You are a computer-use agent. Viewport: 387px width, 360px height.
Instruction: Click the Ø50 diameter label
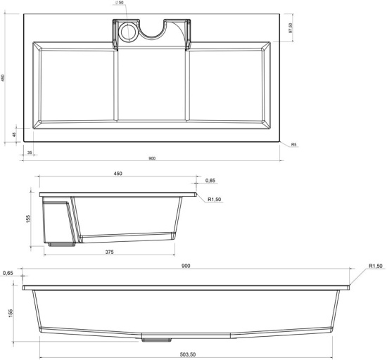tap(119, 3)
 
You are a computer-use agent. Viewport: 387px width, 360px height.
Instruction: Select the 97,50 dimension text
tap(291, 28)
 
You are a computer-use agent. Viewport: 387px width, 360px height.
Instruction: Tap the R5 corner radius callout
tap(293, 145)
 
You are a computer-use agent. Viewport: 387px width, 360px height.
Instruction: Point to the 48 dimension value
tap(14, 134)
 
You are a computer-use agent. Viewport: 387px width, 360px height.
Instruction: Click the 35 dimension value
tap(30, 153)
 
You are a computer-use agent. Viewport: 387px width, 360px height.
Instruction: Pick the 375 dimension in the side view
tap(109, 252)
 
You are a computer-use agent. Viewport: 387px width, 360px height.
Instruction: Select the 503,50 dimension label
tap(188, 354)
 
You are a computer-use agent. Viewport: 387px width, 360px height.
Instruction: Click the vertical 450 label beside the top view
tap(3, 77)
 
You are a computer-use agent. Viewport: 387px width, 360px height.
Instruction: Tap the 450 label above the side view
tap(118, 174)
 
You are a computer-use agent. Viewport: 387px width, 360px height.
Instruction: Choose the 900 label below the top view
tap(152, 158)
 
